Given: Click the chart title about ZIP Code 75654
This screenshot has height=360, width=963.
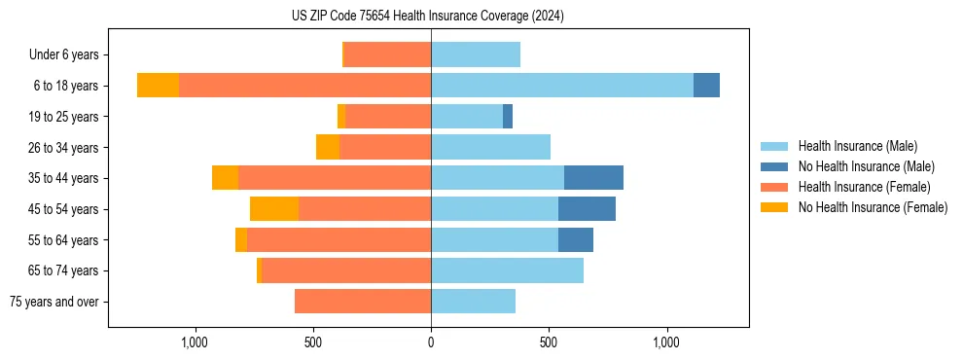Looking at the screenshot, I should [427, 16].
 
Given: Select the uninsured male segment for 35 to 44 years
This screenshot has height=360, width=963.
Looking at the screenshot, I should [593, 178].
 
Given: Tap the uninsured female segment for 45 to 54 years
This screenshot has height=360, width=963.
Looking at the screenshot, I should [274, 209].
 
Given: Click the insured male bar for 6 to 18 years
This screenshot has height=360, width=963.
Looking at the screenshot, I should [562, 86].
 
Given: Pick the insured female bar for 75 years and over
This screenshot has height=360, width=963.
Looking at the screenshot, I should [363, 302].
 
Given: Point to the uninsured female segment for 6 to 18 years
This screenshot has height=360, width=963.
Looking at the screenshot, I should [158, 86].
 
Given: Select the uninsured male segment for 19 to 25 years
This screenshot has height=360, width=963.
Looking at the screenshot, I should [508, 117].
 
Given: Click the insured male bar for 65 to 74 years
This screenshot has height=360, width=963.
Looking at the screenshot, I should [507, 270].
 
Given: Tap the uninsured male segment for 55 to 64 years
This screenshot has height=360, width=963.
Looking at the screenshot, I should [576, 240].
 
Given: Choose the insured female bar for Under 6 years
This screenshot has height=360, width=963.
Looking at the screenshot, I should [388, 54].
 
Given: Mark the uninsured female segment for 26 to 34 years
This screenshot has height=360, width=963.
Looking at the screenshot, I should [328, 147].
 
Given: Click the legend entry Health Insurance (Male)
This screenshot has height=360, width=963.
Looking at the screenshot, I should [857, 146].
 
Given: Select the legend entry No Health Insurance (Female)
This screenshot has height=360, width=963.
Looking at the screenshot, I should [873, 207].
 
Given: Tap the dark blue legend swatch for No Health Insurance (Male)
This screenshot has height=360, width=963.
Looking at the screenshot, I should [775, 166].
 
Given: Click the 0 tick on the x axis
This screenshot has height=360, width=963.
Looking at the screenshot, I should [431, 342].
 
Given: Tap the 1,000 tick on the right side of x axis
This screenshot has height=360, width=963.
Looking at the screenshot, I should [667, 342].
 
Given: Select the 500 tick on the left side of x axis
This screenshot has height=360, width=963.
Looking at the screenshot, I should [313, 342].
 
